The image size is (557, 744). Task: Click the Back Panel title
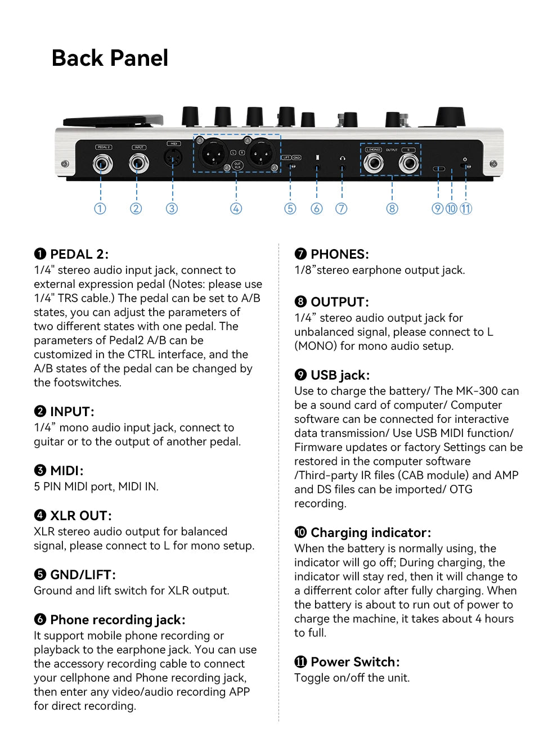tap(110, 58)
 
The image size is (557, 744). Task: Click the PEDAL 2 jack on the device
tap(102, 164)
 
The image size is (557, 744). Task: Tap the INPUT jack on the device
tap(138, 164)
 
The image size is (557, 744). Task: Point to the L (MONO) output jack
tap(374, 164)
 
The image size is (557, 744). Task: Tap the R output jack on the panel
tap(409, 164)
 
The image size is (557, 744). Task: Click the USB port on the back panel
tap(438, 169)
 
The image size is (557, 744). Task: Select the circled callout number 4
tap(236, 209)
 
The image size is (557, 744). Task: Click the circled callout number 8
tap(392, 209)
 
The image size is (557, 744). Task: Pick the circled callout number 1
tap(100, 209)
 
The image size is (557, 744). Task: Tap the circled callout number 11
tap(466, 209)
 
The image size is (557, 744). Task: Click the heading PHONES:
tap(339, 254)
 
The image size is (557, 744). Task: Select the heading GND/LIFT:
tap(83, 575)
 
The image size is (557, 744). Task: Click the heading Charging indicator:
tap(370, 533)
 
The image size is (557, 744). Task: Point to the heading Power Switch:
tap(354, 662)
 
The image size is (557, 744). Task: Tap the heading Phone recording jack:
tap(117, 620)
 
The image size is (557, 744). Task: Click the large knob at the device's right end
tap(450, 117)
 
